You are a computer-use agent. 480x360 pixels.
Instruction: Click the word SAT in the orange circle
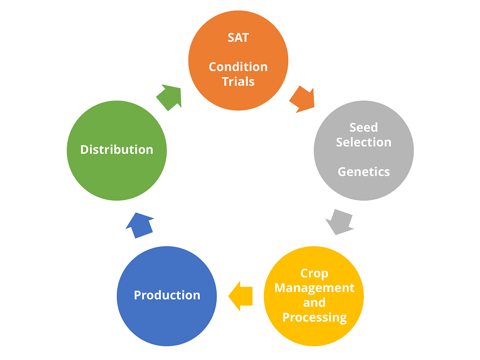(238, 38)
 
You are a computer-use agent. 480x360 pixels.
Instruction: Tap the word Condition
(238, 66)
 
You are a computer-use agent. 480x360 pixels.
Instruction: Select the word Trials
(238, 82)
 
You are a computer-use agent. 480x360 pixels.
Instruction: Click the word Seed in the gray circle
(364, 127)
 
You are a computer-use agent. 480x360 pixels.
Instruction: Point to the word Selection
(364, 142)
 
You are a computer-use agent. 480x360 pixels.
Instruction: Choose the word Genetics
(364, 172)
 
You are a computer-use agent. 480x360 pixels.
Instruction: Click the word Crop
(314, 274)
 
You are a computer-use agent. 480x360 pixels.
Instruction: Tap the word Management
(314, 288)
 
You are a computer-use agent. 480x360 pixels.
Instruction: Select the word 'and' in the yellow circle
(314, 302)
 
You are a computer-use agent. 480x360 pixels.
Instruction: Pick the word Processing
(314, 317)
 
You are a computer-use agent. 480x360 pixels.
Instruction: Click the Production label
(167, 295)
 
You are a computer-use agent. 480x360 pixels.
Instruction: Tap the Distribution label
(117, 150)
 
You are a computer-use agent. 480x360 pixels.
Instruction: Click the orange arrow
(302, 99)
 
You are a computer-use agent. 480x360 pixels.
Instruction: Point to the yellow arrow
(241, 296)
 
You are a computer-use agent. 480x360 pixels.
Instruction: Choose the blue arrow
(139, 225)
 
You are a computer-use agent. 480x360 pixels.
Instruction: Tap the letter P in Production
(137, 295)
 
